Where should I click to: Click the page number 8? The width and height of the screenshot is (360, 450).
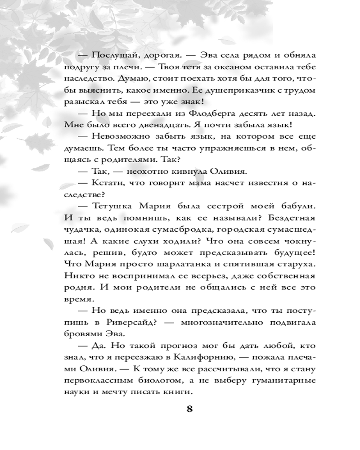(x=189, y=409)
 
